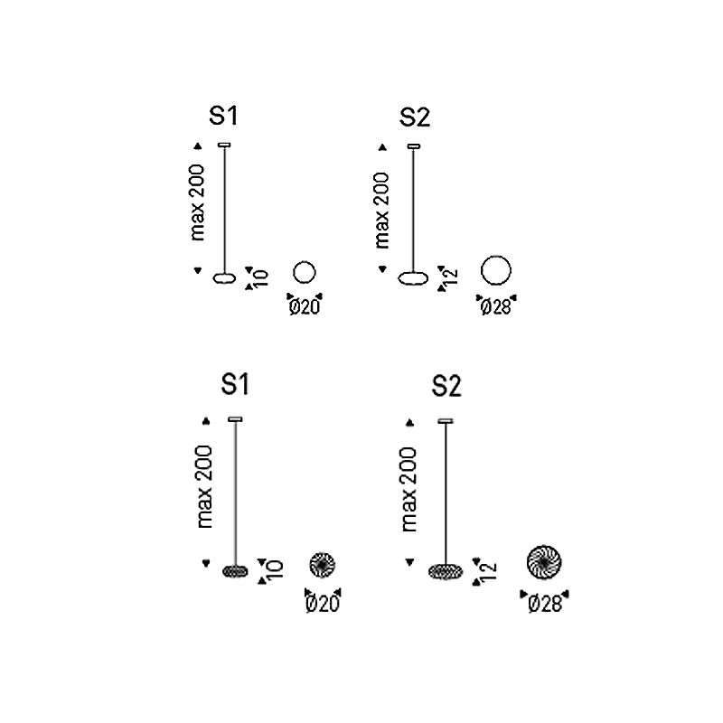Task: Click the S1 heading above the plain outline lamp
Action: (223, 116)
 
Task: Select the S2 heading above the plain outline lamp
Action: (415, 117)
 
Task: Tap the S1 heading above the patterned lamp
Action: (235, 385)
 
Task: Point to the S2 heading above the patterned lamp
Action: (446, 386)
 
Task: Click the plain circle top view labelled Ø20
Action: (305, 261)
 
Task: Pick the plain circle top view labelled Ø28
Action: (495, 256)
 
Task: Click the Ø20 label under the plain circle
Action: (305, 306)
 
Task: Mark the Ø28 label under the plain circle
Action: (495, 306)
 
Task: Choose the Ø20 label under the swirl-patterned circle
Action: (323, 604)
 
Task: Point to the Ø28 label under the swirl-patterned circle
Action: (545, 604)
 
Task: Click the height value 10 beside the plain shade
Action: (261, 278)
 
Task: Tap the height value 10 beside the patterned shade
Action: (275, 569)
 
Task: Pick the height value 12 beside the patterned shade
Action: (489, 570)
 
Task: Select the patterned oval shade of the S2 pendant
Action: (446, 572)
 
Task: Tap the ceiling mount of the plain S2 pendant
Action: (414, 146)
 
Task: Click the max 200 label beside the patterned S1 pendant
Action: (204, 486)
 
